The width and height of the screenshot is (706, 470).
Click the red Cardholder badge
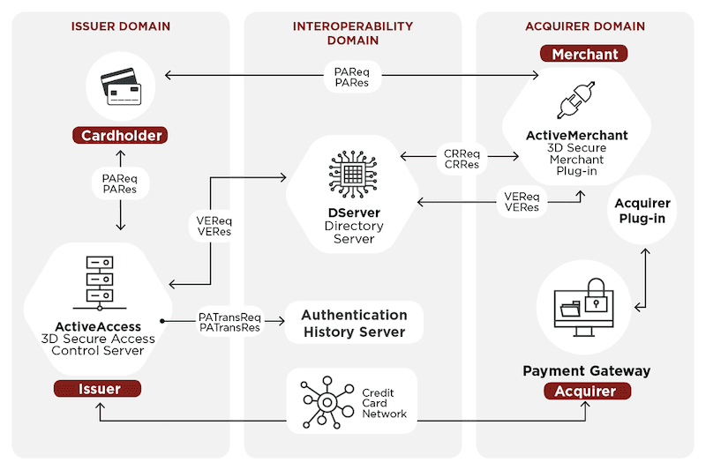[x=121, y=136]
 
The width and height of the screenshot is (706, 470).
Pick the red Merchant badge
[x=585, y=55]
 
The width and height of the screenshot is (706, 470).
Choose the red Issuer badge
[x=99, y=388]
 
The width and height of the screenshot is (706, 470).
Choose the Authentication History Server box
[x=353, y=324]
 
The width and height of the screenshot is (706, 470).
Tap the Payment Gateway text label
[x=586, y=370]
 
